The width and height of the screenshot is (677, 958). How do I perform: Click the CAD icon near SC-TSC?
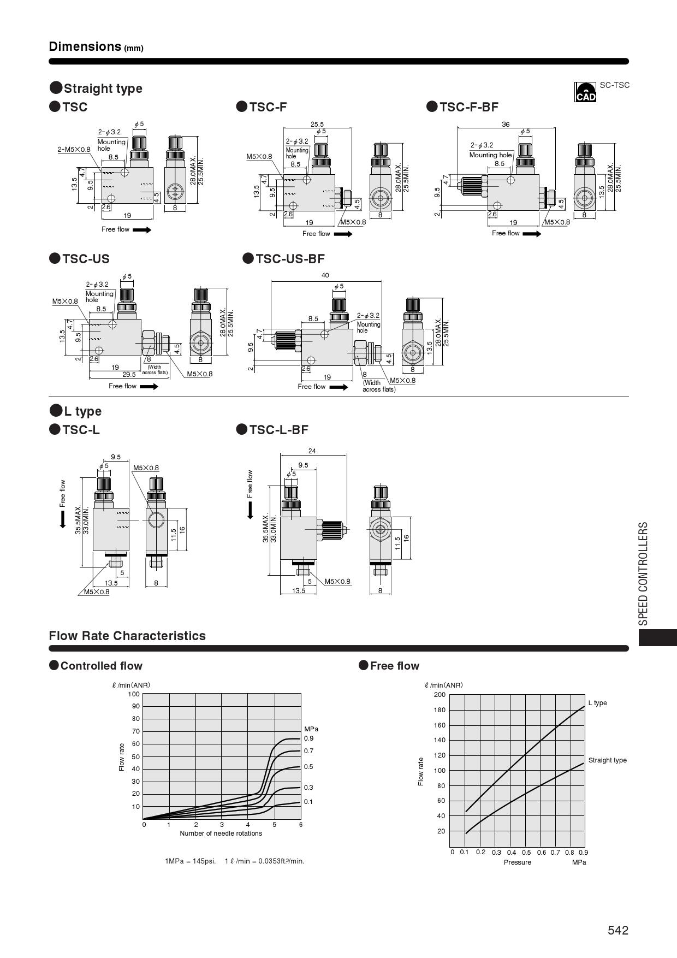click(x=585, y=92)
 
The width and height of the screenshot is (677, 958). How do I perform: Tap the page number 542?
click(x=618, y=931)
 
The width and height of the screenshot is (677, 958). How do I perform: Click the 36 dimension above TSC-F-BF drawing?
click(x=506, y=125)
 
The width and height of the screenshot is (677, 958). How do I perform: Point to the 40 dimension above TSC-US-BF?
click(x=325, y=275)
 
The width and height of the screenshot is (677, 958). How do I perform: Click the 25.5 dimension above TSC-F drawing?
click(x=317, y=125)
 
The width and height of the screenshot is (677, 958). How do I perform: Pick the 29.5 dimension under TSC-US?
click(x=129, y=374)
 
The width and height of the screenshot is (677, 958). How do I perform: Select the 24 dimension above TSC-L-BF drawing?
click(x=312, y=451)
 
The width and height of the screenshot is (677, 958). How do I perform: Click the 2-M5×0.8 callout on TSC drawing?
click(x=74, y=149)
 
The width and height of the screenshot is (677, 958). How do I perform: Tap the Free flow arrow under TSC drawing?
click(x=142, y=230)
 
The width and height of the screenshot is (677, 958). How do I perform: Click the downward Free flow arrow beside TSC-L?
click(x=63, y=519)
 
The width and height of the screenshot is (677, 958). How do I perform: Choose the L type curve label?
click(x=597, y=703)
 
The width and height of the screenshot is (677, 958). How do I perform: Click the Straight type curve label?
click(x=607, y=760)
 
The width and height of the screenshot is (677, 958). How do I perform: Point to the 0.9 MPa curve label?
click(x=308, y=738)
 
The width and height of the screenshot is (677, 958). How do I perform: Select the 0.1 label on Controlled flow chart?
click(x=308, y=802)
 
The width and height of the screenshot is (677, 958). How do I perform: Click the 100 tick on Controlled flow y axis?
click(x=134, y=694)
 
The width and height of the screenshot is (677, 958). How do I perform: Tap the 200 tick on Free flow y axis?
click(x=440, y=695)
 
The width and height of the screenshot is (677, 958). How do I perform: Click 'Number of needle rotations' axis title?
click(x=221, y=833)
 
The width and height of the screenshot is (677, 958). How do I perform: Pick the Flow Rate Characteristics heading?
click(x=127, y=636)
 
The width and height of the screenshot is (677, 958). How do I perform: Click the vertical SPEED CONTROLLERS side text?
click(x=644, y=573)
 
